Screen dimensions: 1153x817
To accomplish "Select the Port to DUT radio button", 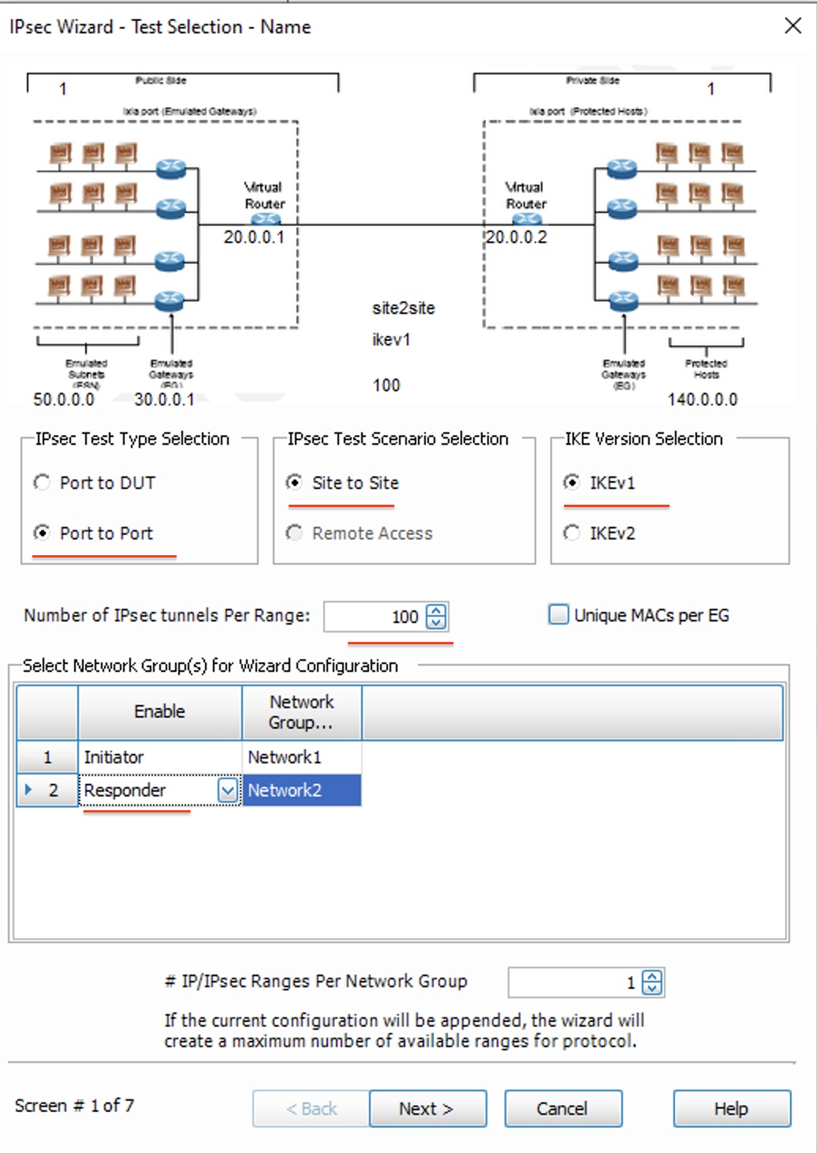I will click(43, 483).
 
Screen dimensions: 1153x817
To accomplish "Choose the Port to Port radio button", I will click(43, 533).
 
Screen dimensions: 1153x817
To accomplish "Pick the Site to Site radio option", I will click(295, 483).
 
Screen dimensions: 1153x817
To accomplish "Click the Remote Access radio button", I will click(295, 533).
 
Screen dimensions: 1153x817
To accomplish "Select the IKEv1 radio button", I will click(573, 483).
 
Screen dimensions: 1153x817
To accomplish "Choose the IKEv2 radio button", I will click(573, 533).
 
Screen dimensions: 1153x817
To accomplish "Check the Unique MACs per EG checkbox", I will click(558, 614).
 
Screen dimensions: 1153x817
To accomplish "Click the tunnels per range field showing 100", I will click(375, 617).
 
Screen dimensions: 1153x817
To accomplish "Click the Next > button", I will click(427, 1109).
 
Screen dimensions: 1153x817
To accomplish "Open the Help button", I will click(731, 1109).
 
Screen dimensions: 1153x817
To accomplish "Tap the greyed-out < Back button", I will click(311, 1109).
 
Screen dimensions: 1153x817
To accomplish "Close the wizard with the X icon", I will click(793, 26).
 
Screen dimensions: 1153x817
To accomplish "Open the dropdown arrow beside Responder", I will click(227, 790).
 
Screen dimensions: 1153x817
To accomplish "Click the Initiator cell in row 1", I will click(158, 757).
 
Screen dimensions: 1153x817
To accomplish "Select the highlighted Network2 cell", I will click(301, 790).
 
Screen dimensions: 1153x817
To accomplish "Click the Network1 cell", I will click(301, 757).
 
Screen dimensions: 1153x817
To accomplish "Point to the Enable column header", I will click(159, 711).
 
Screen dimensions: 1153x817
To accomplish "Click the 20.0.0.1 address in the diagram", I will click(253, 237).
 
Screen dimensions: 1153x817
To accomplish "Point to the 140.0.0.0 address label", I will click(702, 399).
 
